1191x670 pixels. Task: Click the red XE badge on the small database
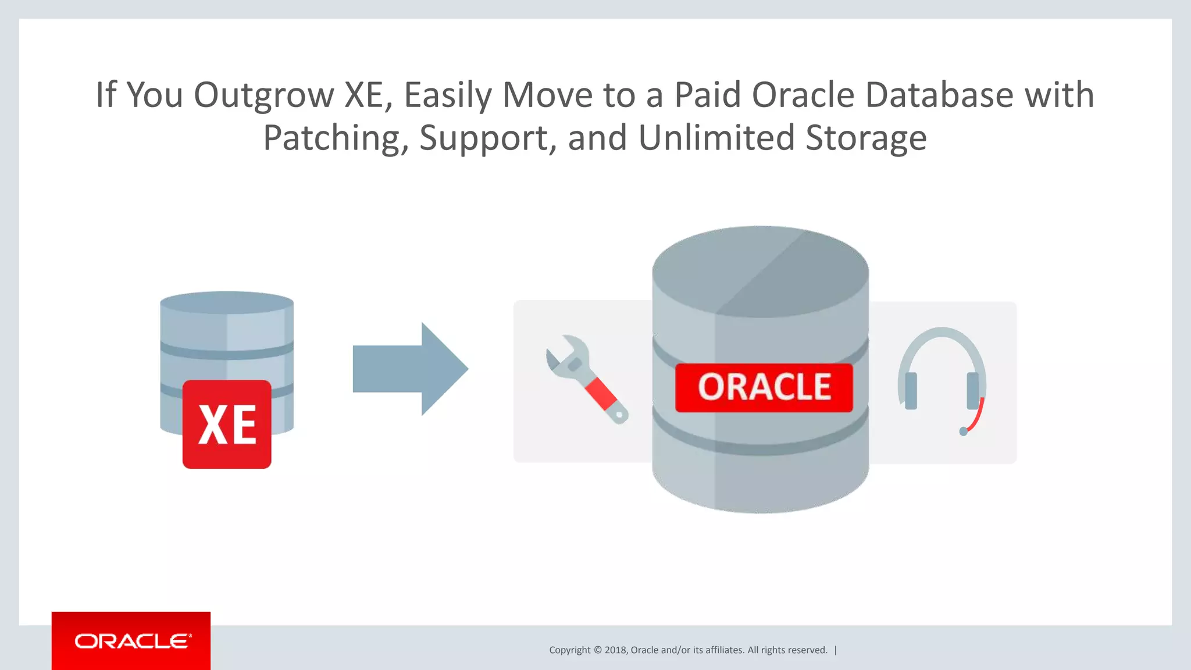227,425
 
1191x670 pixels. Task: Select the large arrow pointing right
410,369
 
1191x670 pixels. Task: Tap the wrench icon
586,379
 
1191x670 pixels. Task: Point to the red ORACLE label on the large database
764,388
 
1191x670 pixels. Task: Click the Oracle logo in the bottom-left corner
131,641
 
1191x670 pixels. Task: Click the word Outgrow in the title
263,95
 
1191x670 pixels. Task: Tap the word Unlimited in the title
716,138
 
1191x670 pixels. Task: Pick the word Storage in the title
866,138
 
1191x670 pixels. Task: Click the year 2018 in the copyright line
615,650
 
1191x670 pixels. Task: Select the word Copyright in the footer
569,650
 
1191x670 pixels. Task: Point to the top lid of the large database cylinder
760,270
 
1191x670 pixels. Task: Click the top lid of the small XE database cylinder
227,302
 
